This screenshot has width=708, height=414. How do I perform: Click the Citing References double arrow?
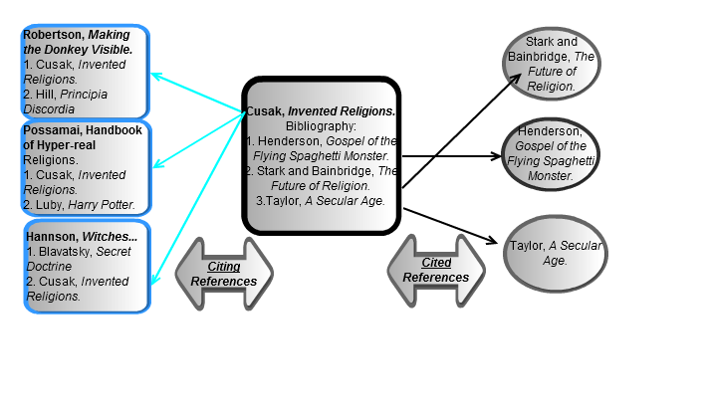click(x=224, y=273)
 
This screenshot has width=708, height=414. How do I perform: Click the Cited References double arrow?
click(x=436, y=270)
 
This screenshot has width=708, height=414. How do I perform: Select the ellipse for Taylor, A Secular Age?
click(x=556, y=253)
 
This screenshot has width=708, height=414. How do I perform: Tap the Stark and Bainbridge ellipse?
click(x=553, y=65)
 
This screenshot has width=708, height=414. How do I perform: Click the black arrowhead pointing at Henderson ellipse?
click(x=496, y=156)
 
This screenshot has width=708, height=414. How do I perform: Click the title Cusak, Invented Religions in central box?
click(x=321, y=112)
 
